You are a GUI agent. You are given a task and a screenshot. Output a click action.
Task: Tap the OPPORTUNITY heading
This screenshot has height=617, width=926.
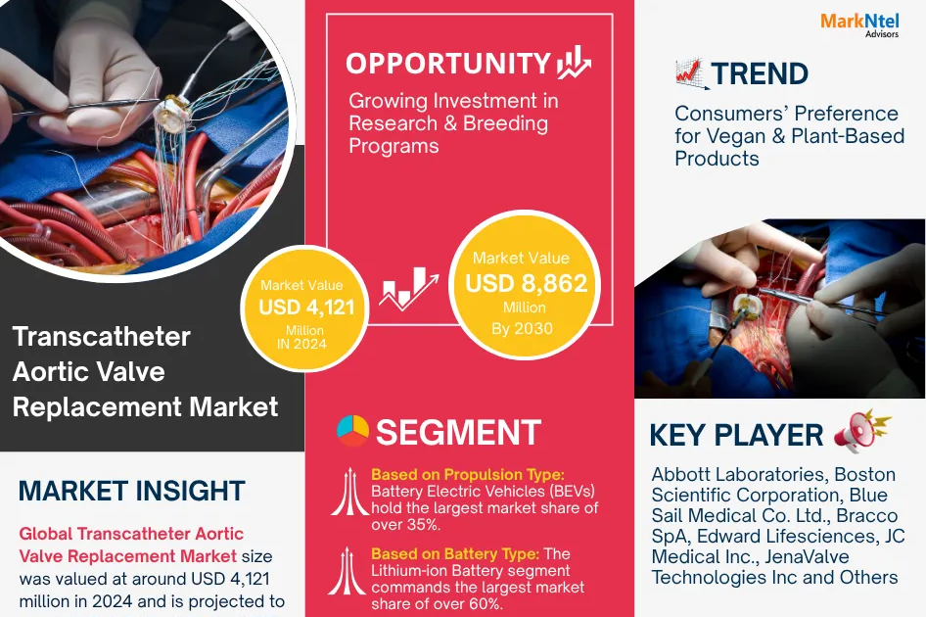pyautogui.click(x=448, y=63)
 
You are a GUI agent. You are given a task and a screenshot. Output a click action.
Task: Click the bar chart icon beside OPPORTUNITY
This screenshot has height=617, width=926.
pyautogui.click(x=574, y=63)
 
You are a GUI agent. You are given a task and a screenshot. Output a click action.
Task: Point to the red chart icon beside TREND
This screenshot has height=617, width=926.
pyautogui.click(x=692, y=73)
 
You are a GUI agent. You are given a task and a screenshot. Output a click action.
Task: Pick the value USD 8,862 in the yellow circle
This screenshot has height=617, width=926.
pyautogui.click(x=527, y=284)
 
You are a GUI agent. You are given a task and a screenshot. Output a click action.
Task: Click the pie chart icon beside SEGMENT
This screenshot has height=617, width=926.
pyautogui.click(x=352, y=431)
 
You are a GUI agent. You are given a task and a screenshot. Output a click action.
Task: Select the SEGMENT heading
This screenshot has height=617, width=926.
pyautogui.click(x=458, y=432)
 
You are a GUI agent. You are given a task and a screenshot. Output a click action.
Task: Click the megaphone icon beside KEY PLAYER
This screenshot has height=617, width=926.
pyautogui.click(x=861, y=432)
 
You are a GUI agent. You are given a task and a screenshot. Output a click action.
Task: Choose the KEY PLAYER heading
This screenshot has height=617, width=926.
pyautogui.click(x=736, y=435)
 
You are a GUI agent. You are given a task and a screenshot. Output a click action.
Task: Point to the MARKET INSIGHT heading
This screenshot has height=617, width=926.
pyautogui.click(x=131, y=491)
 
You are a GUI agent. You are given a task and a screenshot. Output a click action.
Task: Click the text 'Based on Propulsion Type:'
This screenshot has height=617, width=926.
pyautogui.click(x=467, y=475)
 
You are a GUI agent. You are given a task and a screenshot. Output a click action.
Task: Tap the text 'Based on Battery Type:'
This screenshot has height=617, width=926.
pyautogui.click(x=454, y=554)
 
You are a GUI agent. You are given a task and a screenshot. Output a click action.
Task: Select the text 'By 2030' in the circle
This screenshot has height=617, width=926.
pyautogui.click(x=521, y=328)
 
